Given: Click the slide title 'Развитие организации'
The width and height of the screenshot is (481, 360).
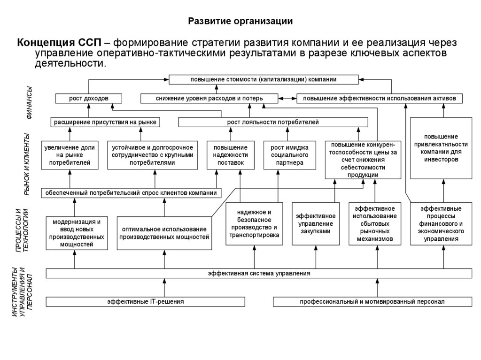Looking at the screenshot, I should (x=240, y=21).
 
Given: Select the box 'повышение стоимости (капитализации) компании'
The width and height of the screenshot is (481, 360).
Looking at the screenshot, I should (x=263, y=79).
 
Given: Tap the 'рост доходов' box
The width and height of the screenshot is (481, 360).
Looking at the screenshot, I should (x=89, y=99).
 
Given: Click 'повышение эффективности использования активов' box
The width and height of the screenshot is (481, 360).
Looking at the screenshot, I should (x=380, y=99).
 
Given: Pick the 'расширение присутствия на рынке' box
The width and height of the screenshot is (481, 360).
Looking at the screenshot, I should (x=104, y=122).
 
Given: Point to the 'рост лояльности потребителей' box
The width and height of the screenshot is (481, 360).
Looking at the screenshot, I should (x=273, y=122).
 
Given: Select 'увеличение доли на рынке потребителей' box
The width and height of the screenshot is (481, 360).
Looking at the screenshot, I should (x=70, y=155).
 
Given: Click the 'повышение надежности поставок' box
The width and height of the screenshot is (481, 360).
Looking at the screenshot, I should (x=230, y=155).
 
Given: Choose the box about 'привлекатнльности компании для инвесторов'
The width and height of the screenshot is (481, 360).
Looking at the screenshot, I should (x=442, y=148).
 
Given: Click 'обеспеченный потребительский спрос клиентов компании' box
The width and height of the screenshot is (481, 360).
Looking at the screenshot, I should (x=132, y=192).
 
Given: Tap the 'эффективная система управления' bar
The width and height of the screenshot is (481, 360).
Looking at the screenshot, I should (x=259, y=273).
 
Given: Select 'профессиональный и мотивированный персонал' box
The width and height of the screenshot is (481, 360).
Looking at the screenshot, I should (x=372, y=302).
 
